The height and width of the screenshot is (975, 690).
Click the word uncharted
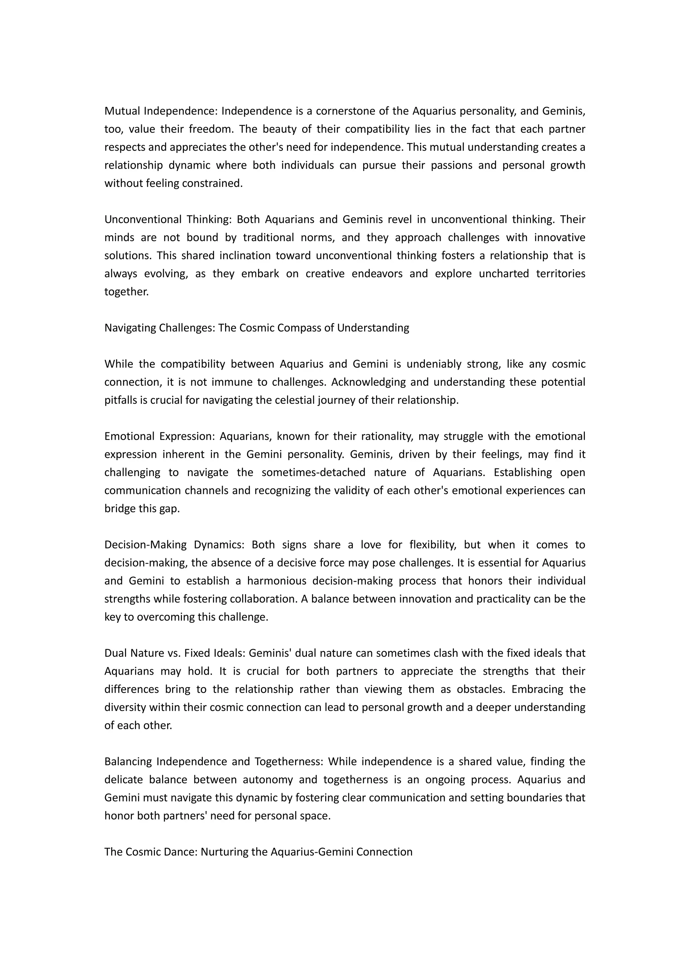(x=503, y=274)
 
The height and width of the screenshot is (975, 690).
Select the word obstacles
(x=480, y=689)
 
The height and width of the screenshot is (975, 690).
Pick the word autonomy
(x=268, y=780)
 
